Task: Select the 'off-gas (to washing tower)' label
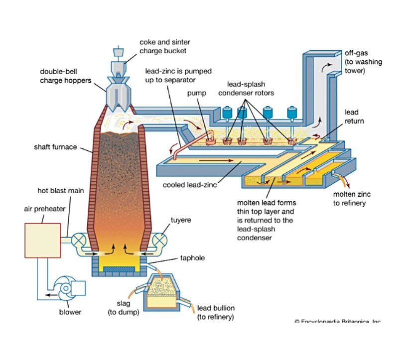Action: [355, 62]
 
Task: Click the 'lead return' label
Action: [351, 117]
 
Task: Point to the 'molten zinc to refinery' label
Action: [352, 198]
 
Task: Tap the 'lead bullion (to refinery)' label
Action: [215, 312]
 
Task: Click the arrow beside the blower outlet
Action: [50, 295]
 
